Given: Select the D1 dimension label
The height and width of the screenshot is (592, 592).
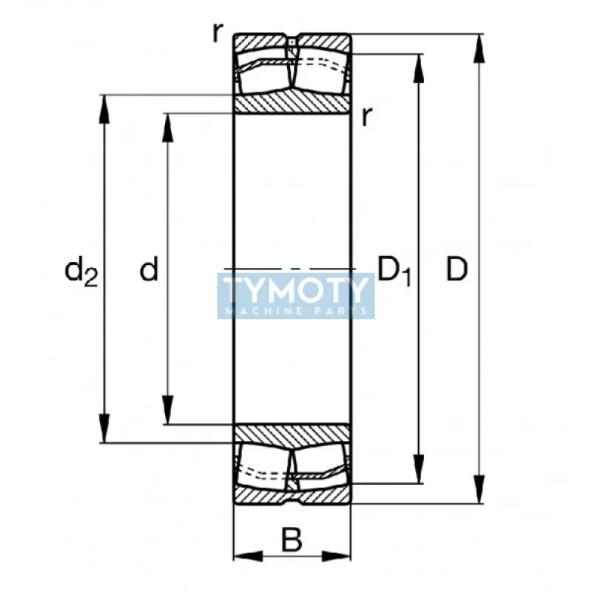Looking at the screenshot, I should [x=394, y=271].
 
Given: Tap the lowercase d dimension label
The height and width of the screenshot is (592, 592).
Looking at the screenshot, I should [x=149, y=270].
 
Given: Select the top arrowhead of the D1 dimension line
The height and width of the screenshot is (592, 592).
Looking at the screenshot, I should [x=420, y=64].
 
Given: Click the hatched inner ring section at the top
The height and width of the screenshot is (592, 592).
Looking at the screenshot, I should [x=292, y=103].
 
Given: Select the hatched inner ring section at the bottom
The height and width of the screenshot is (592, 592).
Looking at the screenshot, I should [x=292, y=436].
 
